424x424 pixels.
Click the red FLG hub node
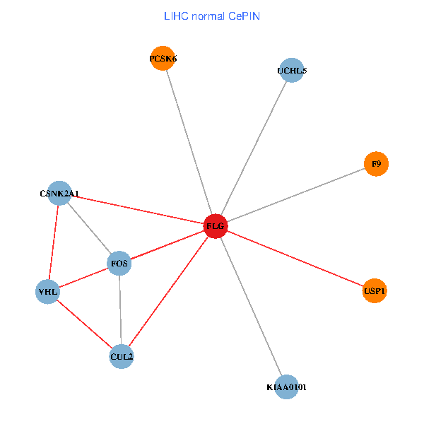tap(215, 226)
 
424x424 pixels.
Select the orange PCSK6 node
tap(163, 59)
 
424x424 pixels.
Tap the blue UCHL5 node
tap(291, 71)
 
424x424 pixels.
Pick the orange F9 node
tap(376, 164)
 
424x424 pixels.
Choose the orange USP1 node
tap(375, 290)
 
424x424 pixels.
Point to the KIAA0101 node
tap(286, 387)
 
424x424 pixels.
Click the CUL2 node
tap(122, 357)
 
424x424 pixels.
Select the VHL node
tap(47, 291)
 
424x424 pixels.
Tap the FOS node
tap(119, 264)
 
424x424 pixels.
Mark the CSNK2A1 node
tap(59, 193)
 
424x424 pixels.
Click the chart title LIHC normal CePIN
tap(212, 16)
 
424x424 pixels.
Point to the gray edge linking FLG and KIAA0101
tap(251, 307)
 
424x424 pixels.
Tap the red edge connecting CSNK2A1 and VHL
tap(53, 242)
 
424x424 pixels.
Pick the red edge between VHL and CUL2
tap(85, 324)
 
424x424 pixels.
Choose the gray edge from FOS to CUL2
tap(120, 311)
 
